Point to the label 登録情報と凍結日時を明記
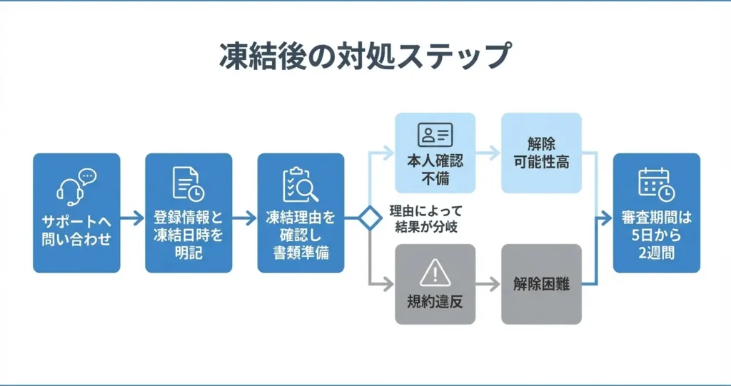click(188, 233)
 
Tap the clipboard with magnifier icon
click(300, 185)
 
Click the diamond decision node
click(368, 218)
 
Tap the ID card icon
click(435, 135)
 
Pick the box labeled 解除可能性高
click(541, 153)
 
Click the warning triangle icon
click(434, 273)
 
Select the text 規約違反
click(434, 301)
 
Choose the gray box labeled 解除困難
click(541, 284)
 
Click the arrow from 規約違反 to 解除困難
click(488, 284)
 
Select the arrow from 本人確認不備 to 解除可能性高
click(488, 152)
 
